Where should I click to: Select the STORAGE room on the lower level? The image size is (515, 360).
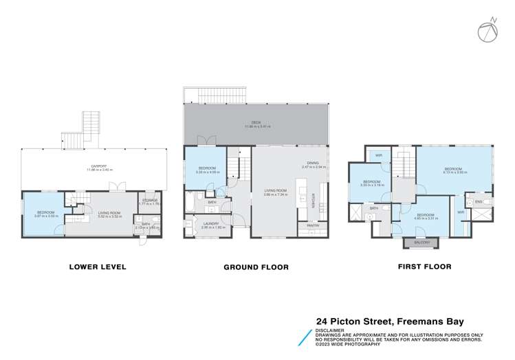(x=148, y=203)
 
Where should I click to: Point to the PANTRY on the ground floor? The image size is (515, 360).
(x=303, y=225)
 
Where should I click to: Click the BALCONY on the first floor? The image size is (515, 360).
(x=419, y=243)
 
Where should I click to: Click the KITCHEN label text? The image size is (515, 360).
(x=312, y=199)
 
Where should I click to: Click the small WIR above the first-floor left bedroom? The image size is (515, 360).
(x=378, y=155)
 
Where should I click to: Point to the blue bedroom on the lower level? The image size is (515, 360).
(x=43, y=214)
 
